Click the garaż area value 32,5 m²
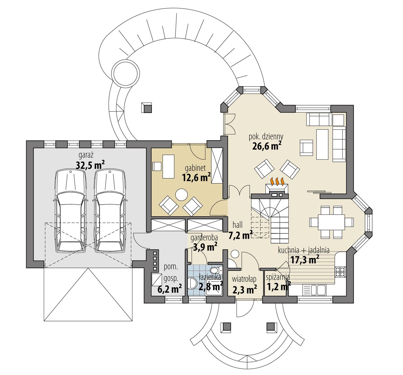90,165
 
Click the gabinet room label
195,168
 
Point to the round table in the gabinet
181,195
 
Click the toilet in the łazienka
214,271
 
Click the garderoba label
204,238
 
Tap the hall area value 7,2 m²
240,235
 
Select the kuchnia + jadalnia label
304,250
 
